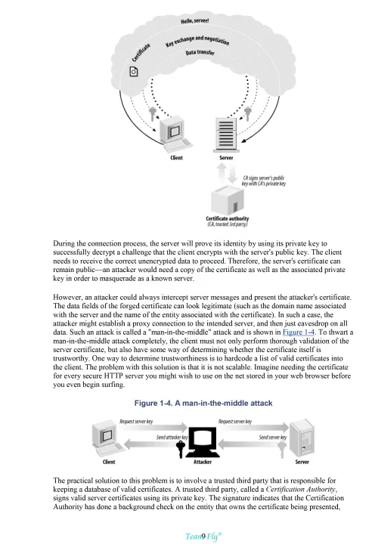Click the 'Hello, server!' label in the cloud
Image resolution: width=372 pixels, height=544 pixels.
coord(194,21)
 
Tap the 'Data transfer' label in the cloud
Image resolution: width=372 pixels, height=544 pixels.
coord(200,52)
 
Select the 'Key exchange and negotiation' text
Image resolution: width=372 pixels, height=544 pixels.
coord(197,41)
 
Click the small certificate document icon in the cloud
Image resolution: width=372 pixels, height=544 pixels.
coord(134,72)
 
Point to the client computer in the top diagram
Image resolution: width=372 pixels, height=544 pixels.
coord(175,134)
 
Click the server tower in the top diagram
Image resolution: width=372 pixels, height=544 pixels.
coord(226,135)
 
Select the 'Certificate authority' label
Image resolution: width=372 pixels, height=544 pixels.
coord(227,218)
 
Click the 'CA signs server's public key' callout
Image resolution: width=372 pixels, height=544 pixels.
coord(264,181)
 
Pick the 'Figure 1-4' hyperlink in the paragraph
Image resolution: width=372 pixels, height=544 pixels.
coord(299,332)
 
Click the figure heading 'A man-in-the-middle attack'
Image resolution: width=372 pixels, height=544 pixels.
coord(203,403)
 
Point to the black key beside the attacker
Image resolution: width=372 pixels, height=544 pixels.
coord(180,449)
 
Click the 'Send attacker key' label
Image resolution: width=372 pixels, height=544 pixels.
coord(172,437)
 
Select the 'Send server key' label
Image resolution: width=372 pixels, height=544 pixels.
coord(273,437)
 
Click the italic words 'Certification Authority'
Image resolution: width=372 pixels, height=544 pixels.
coord(301,489)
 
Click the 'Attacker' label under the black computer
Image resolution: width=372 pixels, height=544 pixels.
coord(203,462)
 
